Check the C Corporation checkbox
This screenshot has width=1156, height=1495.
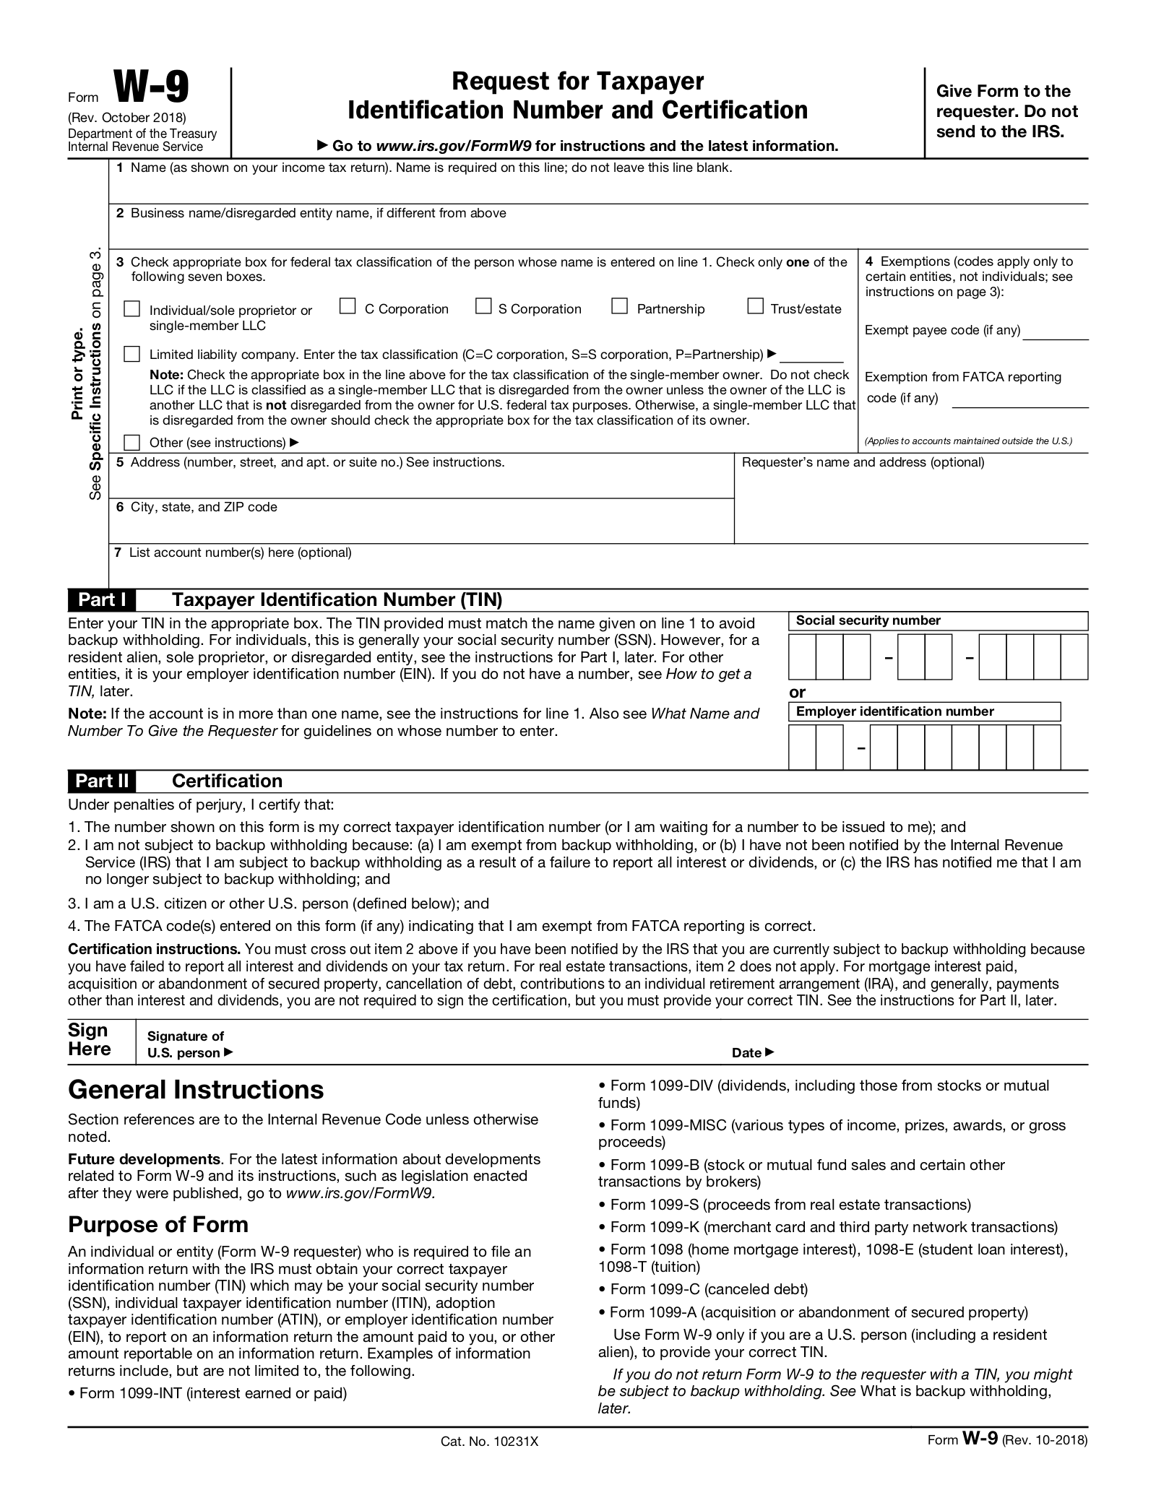pos(348,307)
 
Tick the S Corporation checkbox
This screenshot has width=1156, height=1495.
pos(483,307)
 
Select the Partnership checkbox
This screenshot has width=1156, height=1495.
pos(619,307)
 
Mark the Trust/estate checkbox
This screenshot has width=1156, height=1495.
pos(755,307)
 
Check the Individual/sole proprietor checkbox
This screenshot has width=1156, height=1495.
pos(131,309)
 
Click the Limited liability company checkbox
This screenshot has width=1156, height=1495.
pos(131,354)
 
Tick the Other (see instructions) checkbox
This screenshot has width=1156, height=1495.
pos(131,442)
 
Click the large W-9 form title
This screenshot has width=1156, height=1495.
pos(151,89)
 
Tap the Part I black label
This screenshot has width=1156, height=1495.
pos(102,599)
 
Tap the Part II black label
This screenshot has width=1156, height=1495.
pos(102,781)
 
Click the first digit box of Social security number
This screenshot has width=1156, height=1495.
pos(802,656)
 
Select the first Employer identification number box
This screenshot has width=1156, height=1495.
pos(802,747)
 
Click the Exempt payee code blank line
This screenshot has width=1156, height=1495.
pos(1055,334)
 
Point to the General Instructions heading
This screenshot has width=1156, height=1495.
pos(196,1090)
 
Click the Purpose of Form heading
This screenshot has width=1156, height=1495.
pos(158,1225)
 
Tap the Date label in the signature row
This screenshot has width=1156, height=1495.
pos(747,1053)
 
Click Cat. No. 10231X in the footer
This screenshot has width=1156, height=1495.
pos(490,1442)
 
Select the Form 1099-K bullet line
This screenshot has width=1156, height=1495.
pos(828,1227)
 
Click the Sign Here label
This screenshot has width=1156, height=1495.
pos(88,1040)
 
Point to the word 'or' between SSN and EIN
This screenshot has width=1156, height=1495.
pos(797,692)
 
